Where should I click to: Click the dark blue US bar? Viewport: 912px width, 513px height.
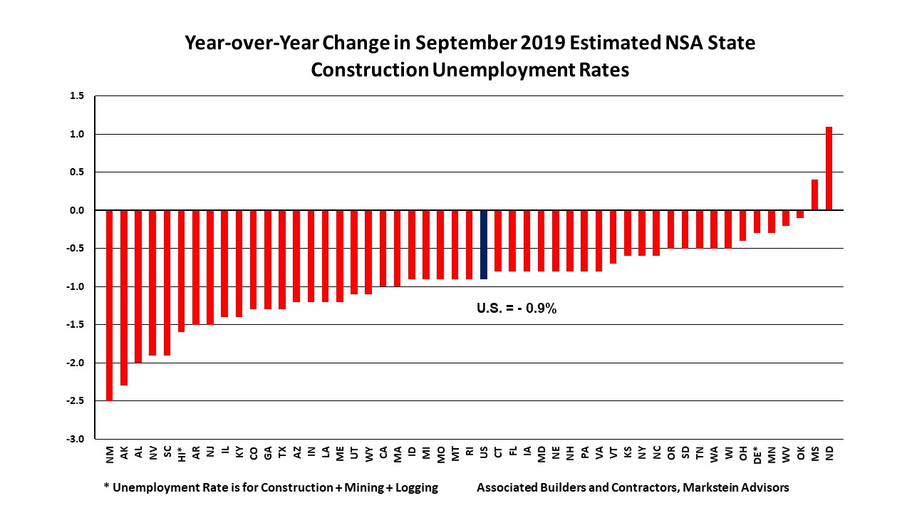pyautogui.click(x=484, y=244)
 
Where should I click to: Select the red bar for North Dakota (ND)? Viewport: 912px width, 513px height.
pyautogui.click(x=829, y=168)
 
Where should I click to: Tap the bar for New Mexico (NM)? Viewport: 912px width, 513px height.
pyautogui.click(x=110, y=305)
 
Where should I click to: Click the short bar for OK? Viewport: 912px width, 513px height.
pyautogui.click(x=800, y=214)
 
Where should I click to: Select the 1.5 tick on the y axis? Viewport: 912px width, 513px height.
pyautogui.click(x=77, y=96)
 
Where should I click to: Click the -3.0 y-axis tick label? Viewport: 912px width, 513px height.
pyautogui.click(x=76, y=439)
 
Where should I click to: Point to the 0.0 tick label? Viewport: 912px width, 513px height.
pyautogui.click(x=77, y=210)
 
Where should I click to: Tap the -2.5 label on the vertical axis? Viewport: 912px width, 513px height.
pyautogui.click(x=76, y=401)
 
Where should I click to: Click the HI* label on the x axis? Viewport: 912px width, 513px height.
pyautogui.click(x=182, y=454)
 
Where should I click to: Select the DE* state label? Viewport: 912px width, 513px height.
pyautogui.click(x=757, y=455)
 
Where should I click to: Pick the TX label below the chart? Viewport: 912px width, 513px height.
pyautogui.click(x=282, y=452)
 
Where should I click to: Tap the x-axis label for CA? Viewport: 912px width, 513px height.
pyautogui.click(x=383, y=452)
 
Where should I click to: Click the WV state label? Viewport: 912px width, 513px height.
pyautogui.click(x=786, y=452)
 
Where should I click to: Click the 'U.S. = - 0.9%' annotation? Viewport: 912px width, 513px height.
pyautogui.click(x=516, y=309)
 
